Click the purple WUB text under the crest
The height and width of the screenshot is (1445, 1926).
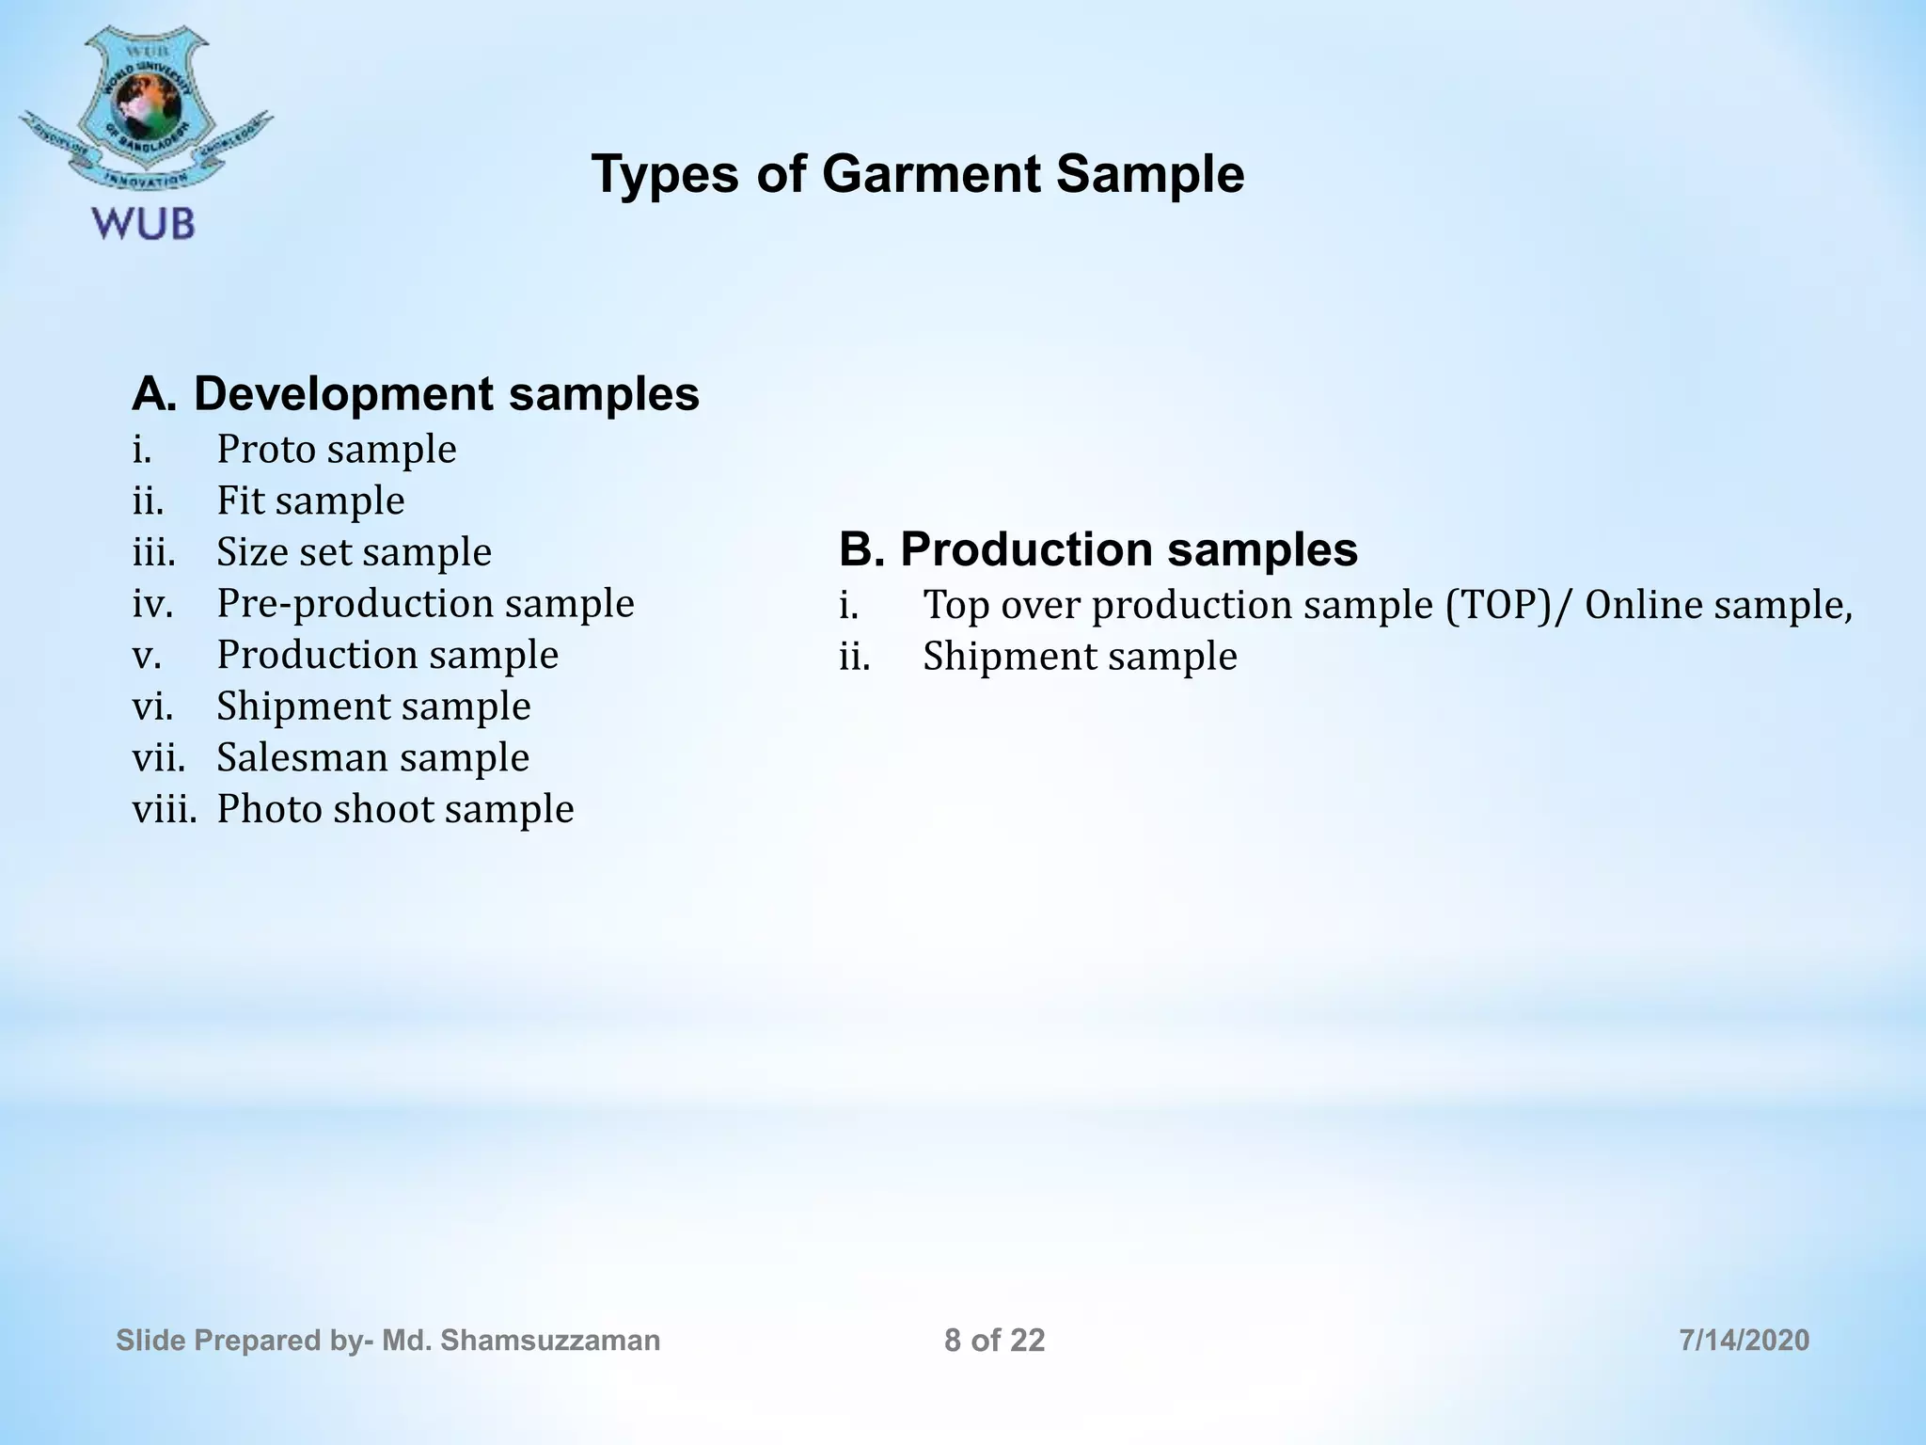[144, 224]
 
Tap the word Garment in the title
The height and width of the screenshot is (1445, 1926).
[930, 174]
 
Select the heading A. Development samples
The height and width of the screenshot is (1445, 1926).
[416, 393]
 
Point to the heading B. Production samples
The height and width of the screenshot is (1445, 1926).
[1097, 549]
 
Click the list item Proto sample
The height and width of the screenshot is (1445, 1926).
[336, 450]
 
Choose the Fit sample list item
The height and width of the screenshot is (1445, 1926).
[310, 500]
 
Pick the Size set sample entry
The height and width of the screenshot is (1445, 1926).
[354, 552]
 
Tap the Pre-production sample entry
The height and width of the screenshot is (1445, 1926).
[425, 603]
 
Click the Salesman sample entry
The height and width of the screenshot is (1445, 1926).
[372, 757]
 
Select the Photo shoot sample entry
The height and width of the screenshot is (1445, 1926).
[395, 809]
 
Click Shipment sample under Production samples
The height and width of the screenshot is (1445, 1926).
[1080, 657]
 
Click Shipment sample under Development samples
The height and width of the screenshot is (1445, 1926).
[373, 707]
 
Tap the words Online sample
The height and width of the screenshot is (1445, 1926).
[1717, 605]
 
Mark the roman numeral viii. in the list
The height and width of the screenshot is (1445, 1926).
[164, 809]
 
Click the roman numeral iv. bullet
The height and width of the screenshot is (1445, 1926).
[152, 604]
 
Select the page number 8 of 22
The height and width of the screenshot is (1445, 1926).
[994, 1341]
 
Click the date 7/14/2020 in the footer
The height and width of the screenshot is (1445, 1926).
[1744, 1341]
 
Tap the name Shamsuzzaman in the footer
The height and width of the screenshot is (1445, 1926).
[549, 1341]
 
